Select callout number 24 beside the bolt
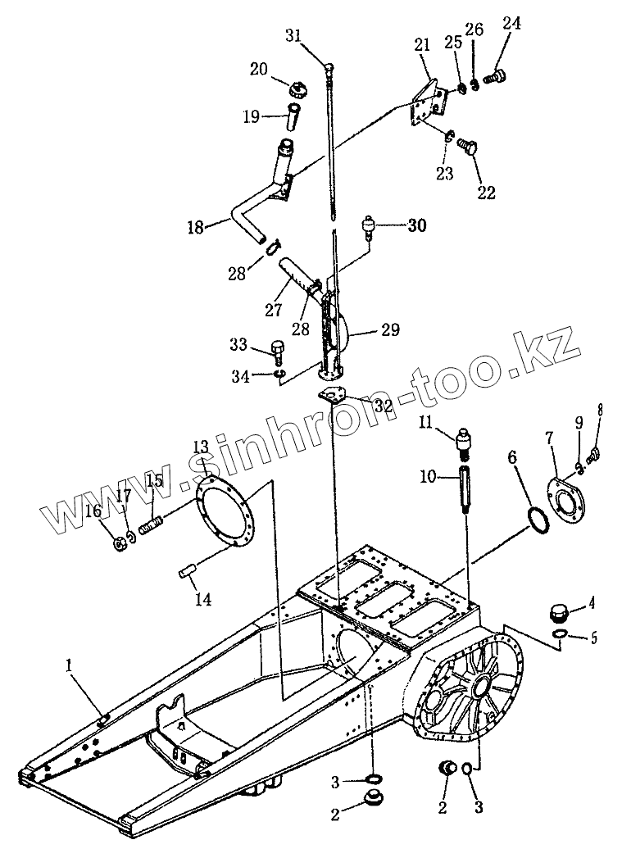coord(511,25)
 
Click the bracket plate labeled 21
coord(428,103)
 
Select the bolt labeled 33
coord(279,353)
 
